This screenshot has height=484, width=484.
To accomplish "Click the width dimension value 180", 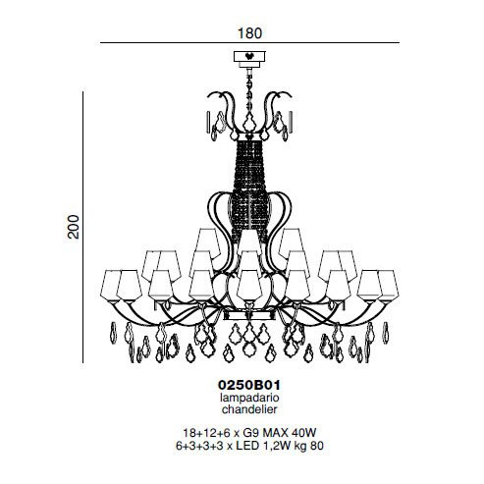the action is pyautogui.click(x=249, y=33).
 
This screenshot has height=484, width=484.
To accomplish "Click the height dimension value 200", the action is pyautogui.click(x=74, y=227).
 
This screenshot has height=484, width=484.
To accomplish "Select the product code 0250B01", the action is pyautogui.click(x=249, y=385).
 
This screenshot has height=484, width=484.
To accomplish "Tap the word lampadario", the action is pyautogui.click(x=249, y=398).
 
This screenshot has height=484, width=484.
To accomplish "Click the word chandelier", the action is pyautogui.click(x=249, y=409).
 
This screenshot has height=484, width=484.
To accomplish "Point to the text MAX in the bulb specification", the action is pyautogui.click(x=276, y=433).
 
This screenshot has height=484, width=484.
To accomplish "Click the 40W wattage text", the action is pyautogui.click(x=304, y=433).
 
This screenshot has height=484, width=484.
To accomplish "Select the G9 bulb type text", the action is pyautogui.click(x=251, y=433).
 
